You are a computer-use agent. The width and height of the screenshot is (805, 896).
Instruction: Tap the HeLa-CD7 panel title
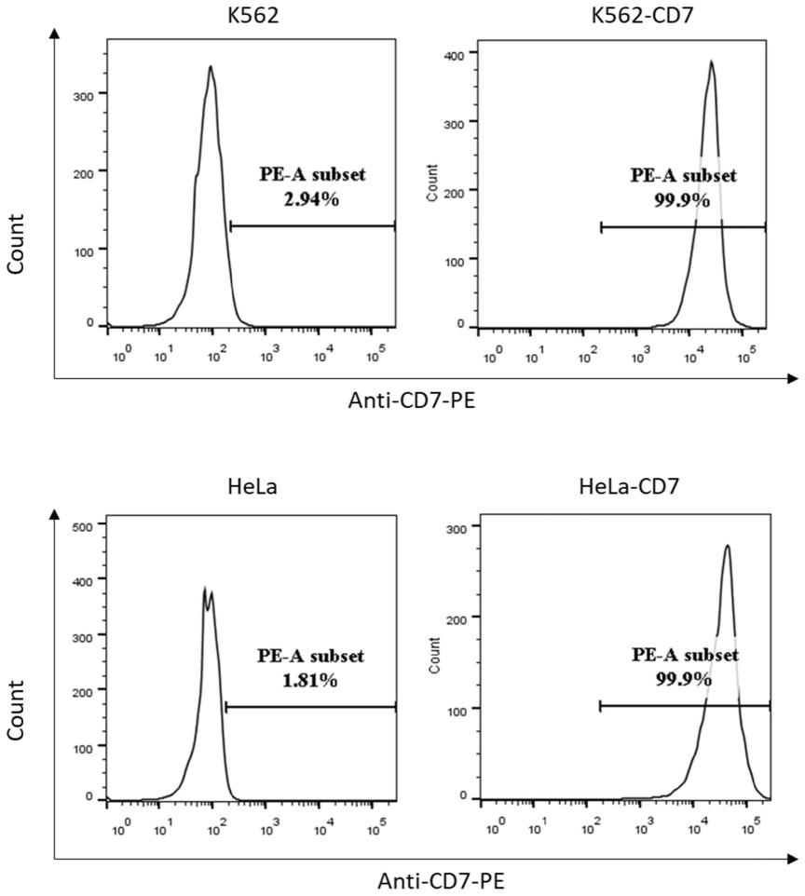tap(616, 487)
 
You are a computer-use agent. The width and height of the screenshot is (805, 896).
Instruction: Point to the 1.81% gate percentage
tap(311, 679)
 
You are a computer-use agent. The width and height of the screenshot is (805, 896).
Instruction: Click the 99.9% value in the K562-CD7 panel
tap(683, 197)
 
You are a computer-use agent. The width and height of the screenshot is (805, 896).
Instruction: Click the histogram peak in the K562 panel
tap(211, 67)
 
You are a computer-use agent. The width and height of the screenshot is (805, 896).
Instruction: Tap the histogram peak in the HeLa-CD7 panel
tap(727, 547)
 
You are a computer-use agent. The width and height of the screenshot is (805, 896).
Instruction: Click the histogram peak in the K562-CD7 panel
tap(711, 62)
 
